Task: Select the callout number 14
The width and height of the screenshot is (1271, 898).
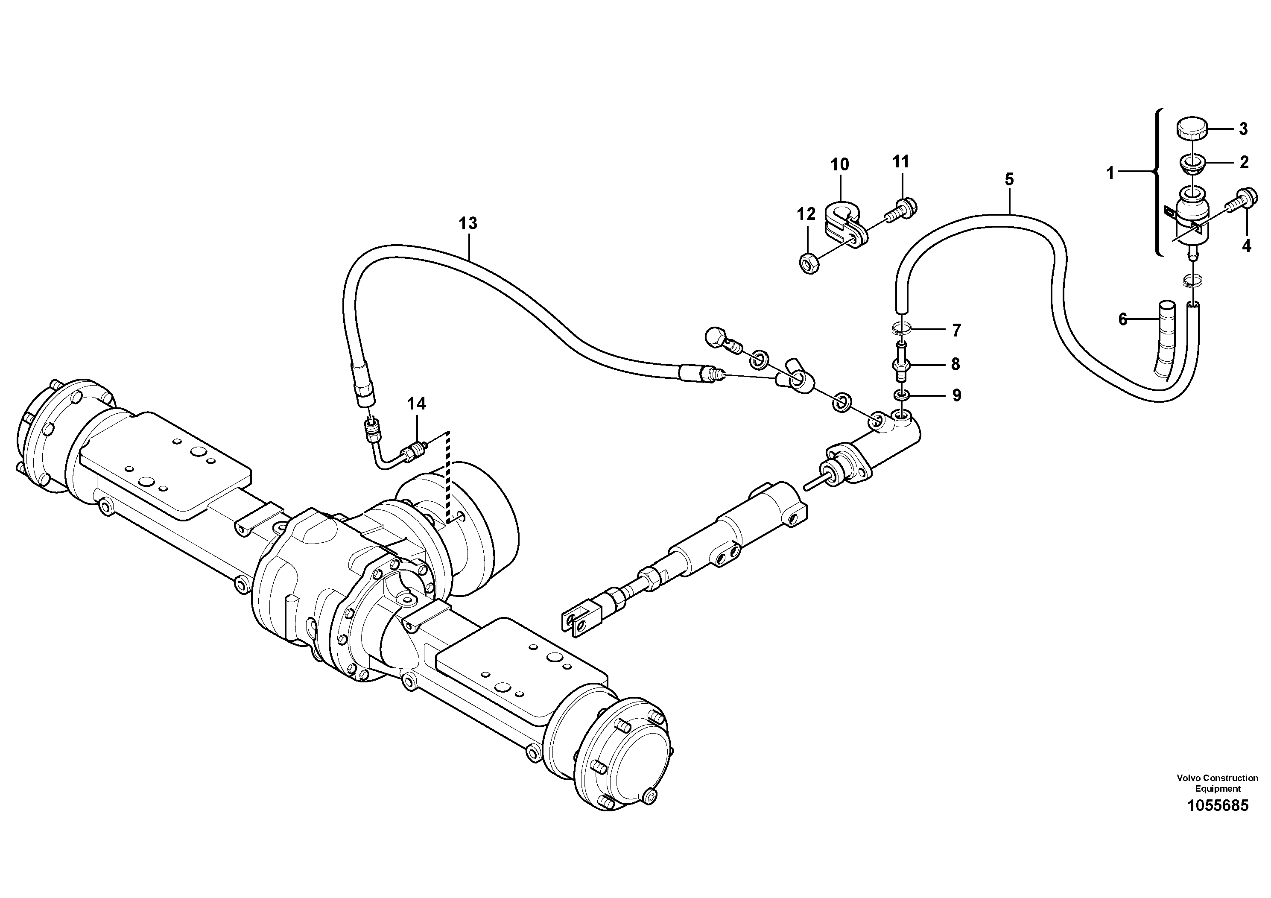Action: (x=416, y=404)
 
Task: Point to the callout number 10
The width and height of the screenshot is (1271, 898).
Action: (x=839, y=164)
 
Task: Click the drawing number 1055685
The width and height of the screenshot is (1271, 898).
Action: (x=1217, y=805)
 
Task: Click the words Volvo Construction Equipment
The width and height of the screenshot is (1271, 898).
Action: (x=1217, y=784)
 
